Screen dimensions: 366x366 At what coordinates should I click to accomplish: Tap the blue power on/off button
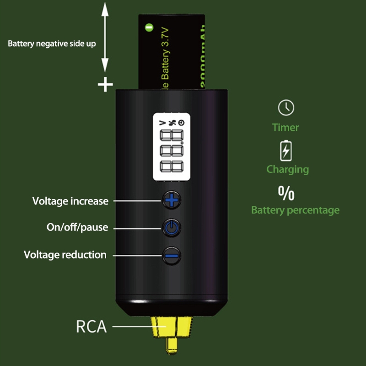(x=171, y=227)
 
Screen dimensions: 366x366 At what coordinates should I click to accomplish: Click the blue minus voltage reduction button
(x=171, y=255)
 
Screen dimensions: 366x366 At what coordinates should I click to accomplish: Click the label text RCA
(x=91, y=327)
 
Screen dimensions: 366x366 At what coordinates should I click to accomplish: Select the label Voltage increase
(x=70, y=201)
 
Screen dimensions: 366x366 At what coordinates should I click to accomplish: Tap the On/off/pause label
(x=77, y=227)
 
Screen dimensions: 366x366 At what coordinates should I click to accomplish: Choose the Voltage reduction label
(x=65, y=255)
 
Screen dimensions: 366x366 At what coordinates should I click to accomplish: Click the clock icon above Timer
(x=286, y=108)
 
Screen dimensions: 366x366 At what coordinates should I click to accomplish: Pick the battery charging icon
(x=286, y=150)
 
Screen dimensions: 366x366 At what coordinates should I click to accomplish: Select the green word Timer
(x=285, y=128)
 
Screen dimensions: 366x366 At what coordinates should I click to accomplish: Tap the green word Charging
(x=288, y=169)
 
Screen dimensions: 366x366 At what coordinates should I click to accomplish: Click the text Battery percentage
(x=295, y=210)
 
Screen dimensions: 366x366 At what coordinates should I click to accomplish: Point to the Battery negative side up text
(x=52, y=44)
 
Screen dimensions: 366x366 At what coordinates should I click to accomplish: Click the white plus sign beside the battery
(x=106, y=84)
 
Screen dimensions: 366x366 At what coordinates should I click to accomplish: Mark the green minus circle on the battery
(x=149, y=27)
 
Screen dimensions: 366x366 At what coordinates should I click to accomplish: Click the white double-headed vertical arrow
(x=106, y=37)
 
